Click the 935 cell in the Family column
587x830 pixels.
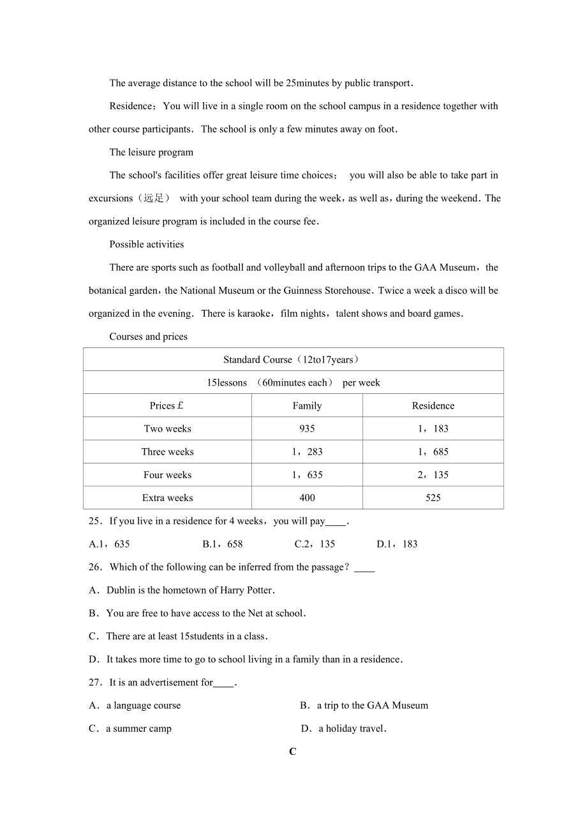pyautogui.click(x=307, y=429)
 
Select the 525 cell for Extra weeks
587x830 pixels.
pyautogui.click(x=433, y=498)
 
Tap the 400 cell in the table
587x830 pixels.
pyautogui.click(x=307, y=498)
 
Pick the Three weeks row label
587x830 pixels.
pyautogui.click(x=167, y=452)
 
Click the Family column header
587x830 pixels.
pyautogui.click(x=307, y=406)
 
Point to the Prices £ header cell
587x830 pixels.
pyautogui.click(x=167, y=406)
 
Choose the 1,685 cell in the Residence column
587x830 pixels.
pyautogui.click(x=433, y=452)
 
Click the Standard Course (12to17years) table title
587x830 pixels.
pyautogui.click(x=292, y=360)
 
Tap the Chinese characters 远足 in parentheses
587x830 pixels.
pyautogui.click(x=154, y=198)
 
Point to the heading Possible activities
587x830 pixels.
pyautogui.click(x=146, y=244)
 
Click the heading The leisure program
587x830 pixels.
pyautogui.click(x=151, y=152)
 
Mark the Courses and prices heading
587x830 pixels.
pyautogui.click(x=148, y=337)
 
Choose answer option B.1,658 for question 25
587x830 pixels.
pyautogui.click(x=223, y=544)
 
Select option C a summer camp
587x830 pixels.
pyautogui.click(x=131, y=729)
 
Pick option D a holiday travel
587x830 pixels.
pyautogui.click(x=345, y=729)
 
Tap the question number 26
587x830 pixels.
pyautogui.click(x=96, y=567)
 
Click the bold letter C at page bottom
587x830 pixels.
pyautogui.click(x=293, y=752)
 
